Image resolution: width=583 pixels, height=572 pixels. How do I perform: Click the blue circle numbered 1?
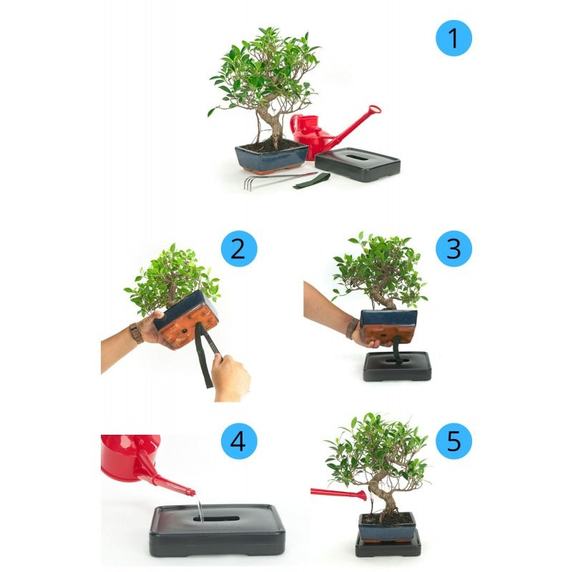pos(454,38)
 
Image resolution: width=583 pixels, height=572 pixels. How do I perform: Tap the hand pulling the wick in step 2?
pos(230,376)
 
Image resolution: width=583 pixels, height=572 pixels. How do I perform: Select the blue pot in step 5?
pos(387,530)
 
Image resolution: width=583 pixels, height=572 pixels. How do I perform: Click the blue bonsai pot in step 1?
pos(272,157)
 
